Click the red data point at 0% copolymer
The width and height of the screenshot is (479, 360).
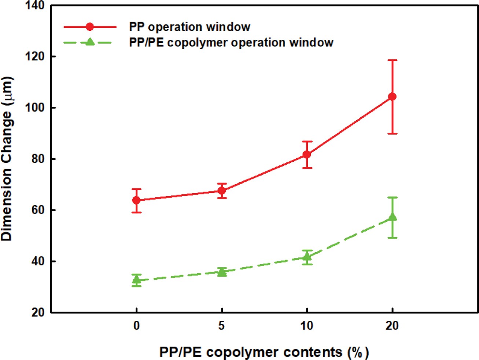(x=136, y=200)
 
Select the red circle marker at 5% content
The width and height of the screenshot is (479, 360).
(x=222, y=191)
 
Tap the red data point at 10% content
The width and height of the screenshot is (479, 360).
(x=307, y=155)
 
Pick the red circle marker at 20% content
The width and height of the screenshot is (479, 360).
(x=392, y=97)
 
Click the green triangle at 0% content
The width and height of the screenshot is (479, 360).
(x=136, y=280)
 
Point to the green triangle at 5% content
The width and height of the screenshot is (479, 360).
(x=222, y=272)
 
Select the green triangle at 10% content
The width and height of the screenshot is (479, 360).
(x=307, y=257)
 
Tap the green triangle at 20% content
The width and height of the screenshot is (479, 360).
(x=392, y=217)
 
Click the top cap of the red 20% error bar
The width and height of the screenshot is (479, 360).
(x=392, y=60)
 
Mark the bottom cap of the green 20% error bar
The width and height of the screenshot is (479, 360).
(x=392, y=238)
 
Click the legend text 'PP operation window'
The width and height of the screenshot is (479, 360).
(x=189, y=27)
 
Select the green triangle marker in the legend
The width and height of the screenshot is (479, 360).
(x=90, y=42)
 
